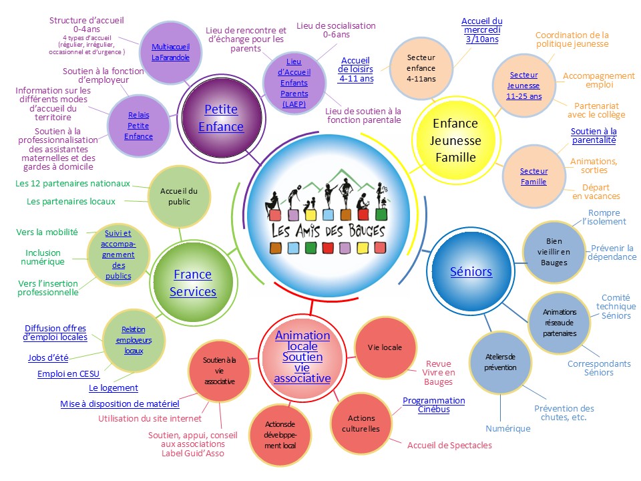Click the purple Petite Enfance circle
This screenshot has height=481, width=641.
click(221, 118)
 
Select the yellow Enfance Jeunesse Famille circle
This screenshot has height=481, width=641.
click(456, 140)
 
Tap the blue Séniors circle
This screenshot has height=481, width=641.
click(471, 271)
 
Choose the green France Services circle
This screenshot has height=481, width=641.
click(192, 283)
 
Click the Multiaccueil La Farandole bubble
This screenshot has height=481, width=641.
click(170, 52)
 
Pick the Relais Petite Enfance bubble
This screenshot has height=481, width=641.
click(138, 126)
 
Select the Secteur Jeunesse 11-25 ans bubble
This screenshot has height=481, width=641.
click(524, 85)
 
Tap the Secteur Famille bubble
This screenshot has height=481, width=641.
click(533, 176)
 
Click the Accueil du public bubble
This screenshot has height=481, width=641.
click(175, 196)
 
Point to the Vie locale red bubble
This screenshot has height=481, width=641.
click(385, 347)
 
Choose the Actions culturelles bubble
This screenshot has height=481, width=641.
click(363, 423)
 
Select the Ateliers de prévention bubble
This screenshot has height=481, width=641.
click(500, 361)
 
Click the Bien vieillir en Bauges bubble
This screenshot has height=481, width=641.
click(554, 251)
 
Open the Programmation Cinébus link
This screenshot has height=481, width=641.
click(433, 405)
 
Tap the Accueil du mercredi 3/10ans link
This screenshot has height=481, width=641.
click(481, 30)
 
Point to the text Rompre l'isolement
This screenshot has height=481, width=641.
click(604, 217)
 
